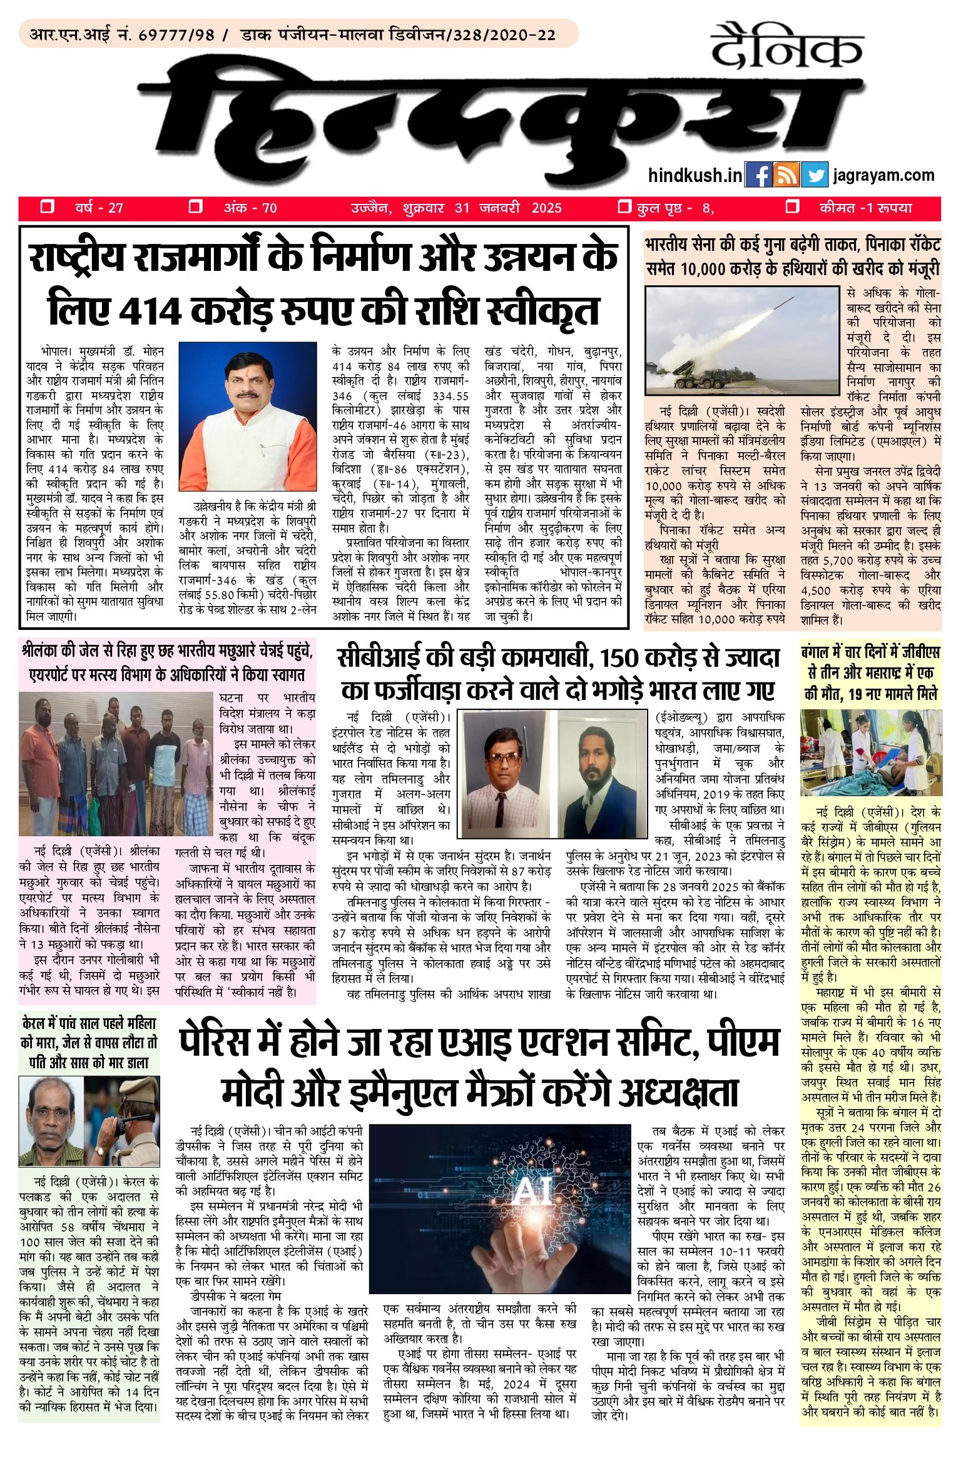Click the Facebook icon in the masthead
[x=758, y=175]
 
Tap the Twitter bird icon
[x=815, y=175]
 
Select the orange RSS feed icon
[x=786, y=175]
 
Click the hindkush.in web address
[x=695, y=176]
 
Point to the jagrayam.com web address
[x=884, y=176]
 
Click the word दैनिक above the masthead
[x=787, y=48]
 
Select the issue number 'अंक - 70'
[x=250, y=208]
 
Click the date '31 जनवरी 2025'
[x=509, y=208]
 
